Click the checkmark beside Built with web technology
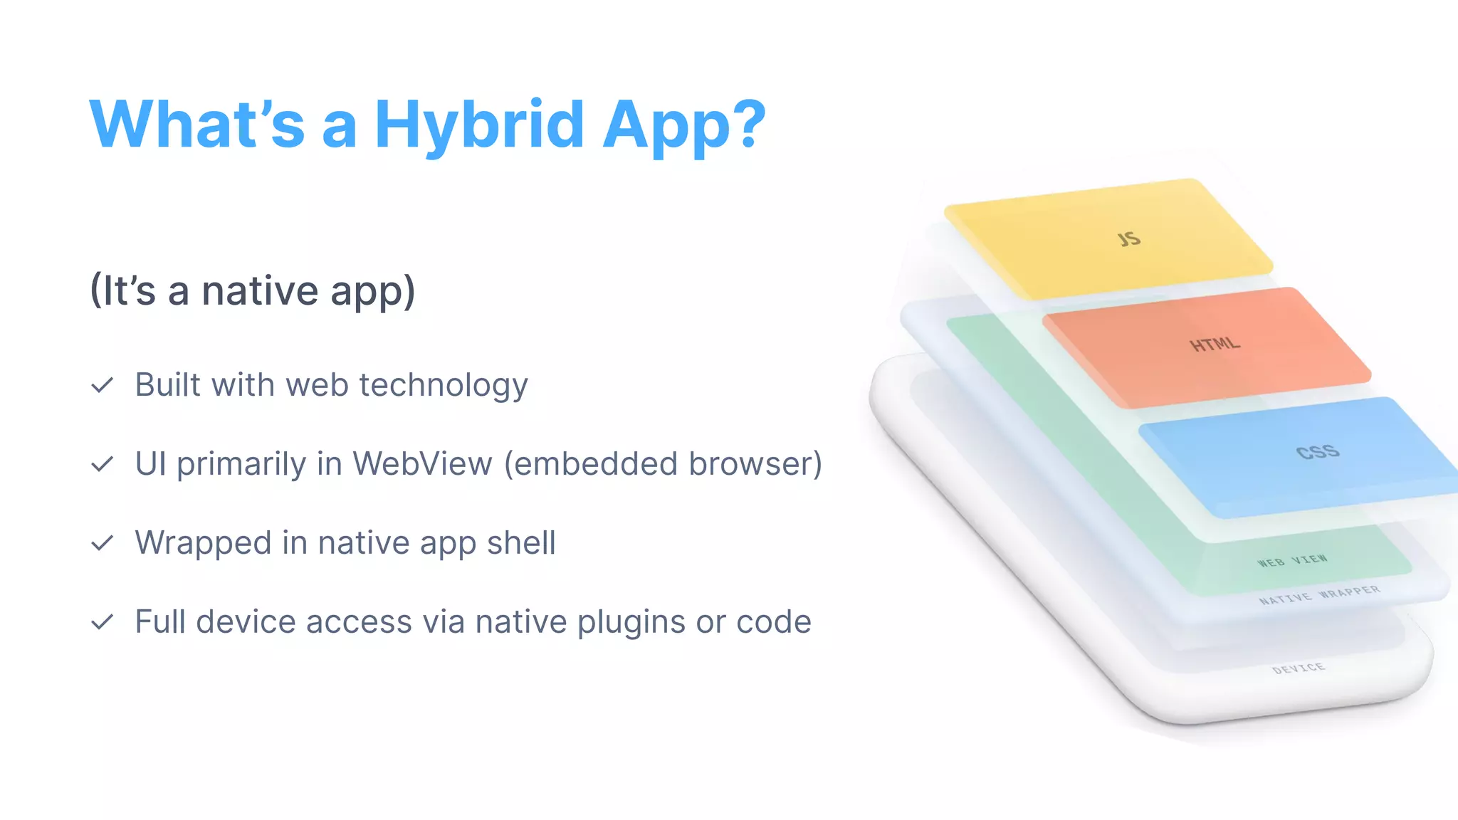(103, 386)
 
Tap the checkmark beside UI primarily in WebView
(103, 465)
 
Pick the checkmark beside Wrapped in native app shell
(103, 544)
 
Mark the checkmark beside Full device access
(103, 623)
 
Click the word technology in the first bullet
(444, 386)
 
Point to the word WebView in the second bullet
(422, 464)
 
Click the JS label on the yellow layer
(1129, 239)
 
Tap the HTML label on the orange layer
(1215, 345)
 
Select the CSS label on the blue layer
(1318, 452)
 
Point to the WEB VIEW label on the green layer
(1292, 561)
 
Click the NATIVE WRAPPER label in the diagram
(1319, 595)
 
